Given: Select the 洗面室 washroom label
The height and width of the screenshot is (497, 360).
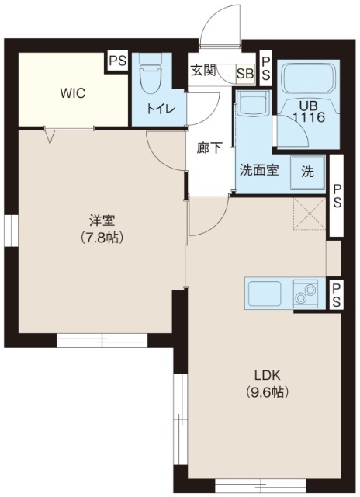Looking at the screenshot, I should [258, 172].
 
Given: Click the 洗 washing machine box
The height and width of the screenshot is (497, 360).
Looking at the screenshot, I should [307, 172].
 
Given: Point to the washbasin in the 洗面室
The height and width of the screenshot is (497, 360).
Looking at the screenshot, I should [251, 106].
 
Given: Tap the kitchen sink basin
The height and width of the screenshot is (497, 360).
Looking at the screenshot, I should [265, 294].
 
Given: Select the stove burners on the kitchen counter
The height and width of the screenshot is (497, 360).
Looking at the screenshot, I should [306, 294].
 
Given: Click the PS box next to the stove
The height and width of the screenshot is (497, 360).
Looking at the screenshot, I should [336, 296].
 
